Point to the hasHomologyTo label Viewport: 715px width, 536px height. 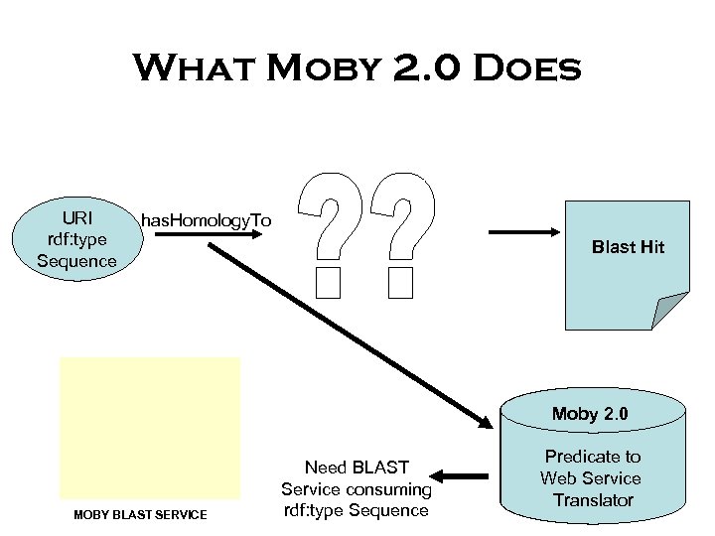[x=206, y=219]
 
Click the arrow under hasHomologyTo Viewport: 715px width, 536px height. [x=204, y=238]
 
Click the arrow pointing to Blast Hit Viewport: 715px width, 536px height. [x=526, y=232]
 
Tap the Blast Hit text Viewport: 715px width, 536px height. [x=628, y=247]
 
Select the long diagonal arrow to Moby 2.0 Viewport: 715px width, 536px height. [x=348, y=333]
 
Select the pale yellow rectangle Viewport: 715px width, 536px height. [x=150, y=428]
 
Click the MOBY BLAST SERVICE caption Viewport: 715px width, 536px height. [x=141, y=514]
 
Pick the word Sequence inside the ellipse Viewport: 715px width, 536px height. [x=76, y=261]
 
